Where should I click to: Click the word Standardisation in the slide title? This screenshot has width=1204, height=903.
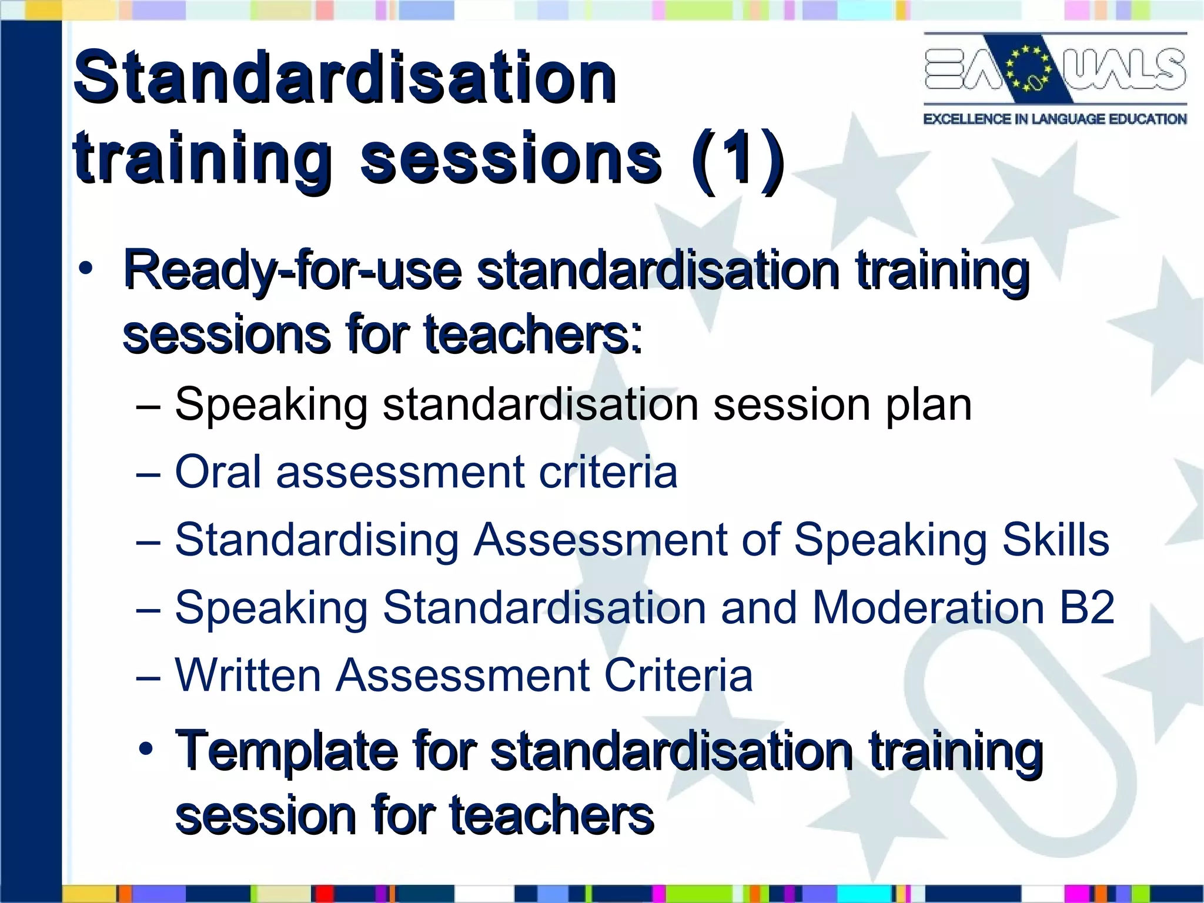[x=345, y=78]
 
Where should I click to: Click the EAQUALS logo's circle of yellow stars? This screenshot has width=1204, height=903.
[x=1028, y=69]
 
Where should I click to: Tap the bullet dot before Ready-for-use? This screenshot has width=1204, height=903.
[x=86, y=269]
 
